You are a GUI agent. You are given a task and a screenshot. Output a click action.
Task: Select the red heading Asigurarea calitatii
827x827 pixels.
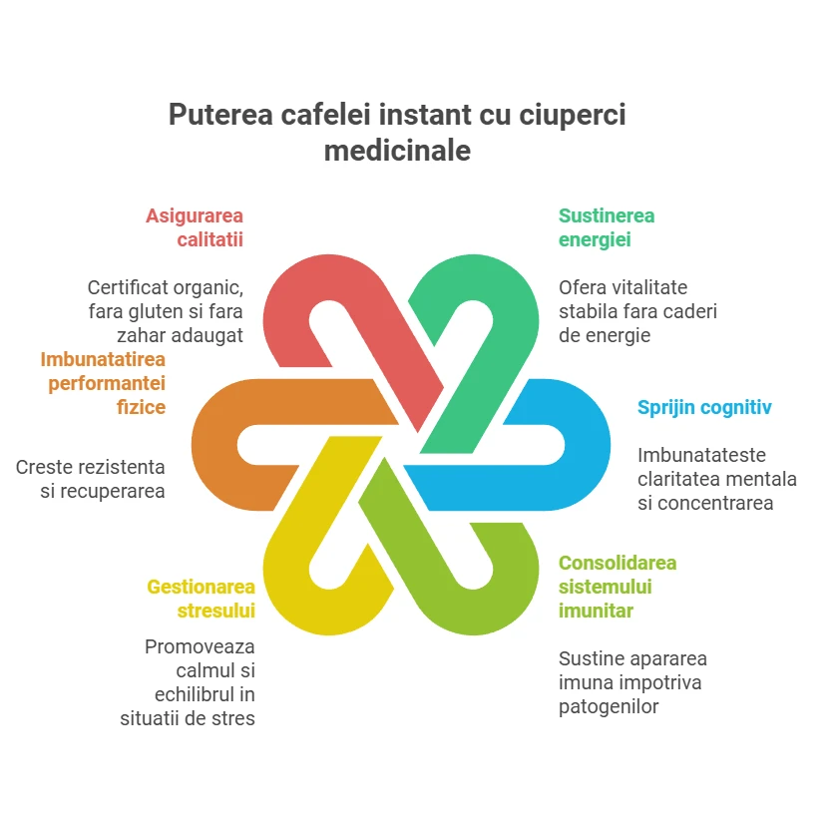(195, 227)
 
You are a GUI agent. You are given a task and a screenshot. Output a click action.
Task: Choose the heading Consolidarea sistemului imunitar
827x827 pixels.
(618, 587)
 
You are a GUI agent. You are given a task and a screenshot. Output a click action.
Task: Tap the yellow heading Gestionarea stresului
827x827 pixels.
(202, 599)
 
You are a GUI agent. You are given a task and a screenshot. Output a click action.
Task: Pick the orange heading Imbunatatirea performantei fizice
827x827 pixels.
(103, 383)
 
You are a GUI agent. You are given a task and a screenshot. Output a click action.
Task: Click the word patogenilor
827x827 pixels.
(609, 706)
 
